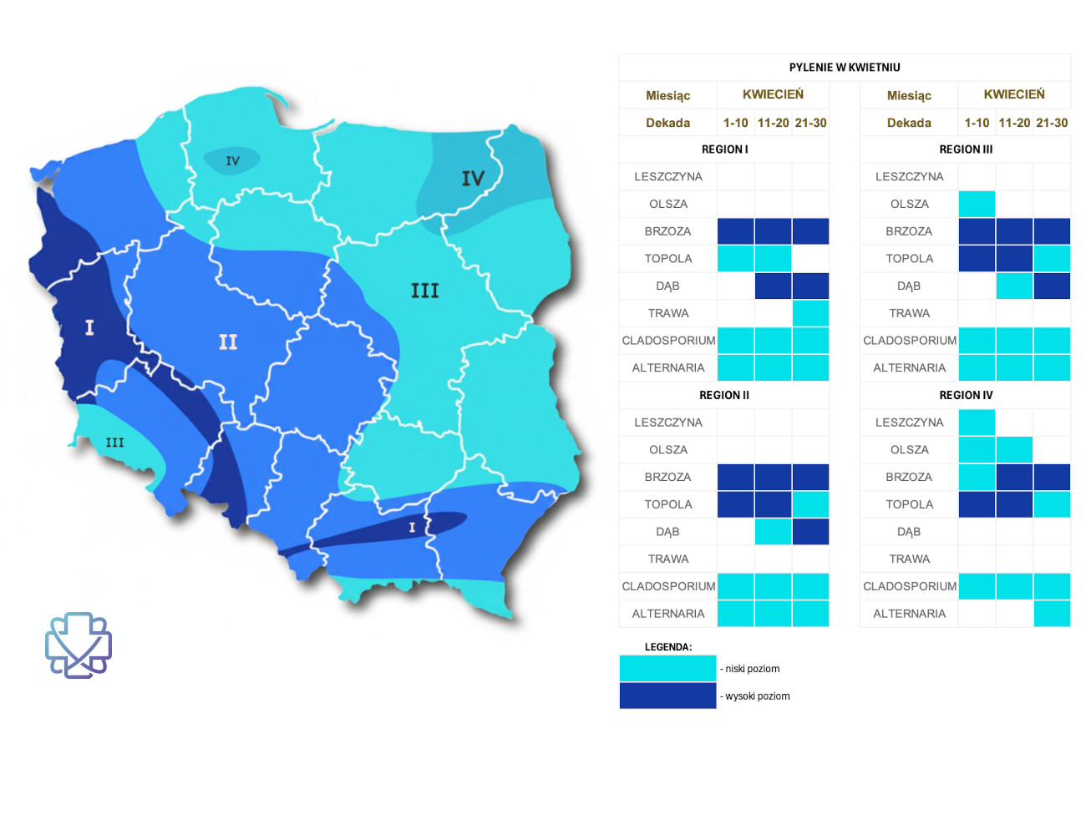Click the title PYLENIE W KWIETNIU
click(x=845, y=68)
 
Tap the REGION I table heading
click(x=724, y=149)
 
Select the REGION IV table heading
click(x=966, y=395)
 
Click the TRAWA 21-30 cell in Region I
click(x=810, y=313)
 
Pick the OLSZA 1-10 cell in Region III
click(x=977, y=204)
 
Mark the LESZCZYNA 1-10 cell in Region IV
click(x=977, y=423)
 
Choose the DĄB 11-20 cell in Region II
click(x=773, y=532)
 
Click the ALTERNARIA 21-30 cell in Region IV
click(x=1052, y=614)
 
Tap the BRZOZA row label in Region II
click(x=667, y=477)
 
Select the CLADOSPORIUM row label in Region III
click(x=909, y=341)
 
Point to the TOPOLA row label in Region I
click(x=667, y=259)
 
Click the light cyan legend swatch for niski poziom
click(x=667, y=668)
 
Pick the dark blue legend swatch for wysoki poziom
click(x=667, y=696)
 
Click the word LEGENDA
click(x=668, y=647)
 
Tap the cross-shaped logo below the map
click(x=79, y=645)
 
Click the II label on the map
click(x=228, y=342)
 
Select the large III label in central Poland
click(x=424, y=291)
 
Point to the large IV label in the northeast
click(x=473, y=179)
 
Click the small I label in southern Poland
click(x=412, y=528)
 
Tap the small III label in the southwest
click(x=114, y=443)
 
